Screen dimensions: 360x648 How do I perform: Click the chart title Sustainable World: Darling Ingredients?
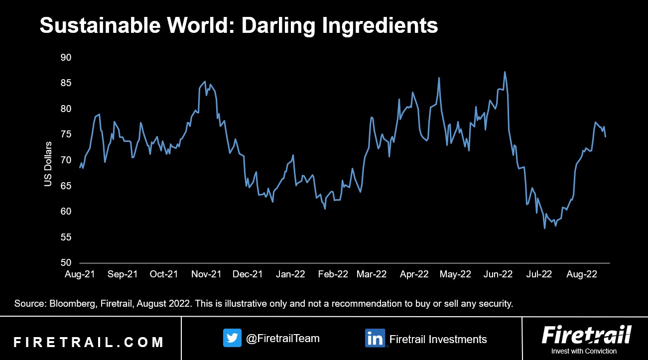tap(239, 25)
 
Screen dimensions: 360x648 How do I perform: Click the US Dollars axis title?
tap(48, 164)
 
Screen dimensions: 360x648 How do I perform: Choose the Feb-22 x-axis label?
tap(333, 274)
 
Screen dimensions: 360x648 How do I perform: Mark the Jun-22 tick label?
tap(498, 274)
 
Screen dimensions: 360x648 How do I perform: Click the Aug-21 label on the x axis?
tap(80, 274)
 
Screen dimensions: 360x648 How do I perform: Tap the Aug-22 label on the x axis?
tap(582, 274)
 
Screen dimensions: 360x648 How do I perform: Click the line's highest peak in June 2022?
tap(505, 72)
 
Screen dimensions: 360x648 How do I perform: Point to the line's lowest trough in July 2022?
tap(544, 228)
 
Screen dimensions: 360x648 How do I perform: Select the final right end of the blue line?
tap(606, 136)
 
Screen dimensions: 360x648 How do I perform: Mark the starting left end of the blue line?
tap(80, 167)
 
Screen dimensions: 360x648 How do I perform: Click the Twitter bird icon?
tap(232, 338)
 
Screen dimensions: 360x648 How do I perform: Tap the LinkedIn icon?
tap(374, 338)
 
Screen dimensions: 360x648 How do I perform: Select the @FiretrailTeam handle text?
tap(283, 339)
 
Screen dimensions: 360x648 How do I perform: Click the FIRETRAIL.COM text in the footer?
tap(89, 343)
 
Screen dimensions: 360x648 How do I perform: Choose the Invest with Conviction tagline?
tap(586, 352)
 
